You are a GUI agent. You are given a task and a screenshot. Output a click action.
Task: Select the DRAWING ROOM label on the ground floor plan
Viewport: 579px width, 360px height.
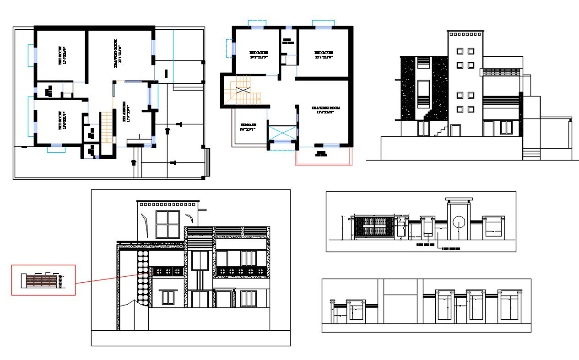[x=118, y=54]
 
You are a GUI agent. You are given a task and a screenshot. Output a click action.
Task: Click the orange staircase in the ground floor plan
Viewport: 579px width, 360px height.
[x=106, y=127]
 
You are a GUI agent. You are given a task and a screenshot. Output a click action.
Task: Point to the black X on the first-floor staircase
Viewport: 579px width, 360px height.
[x=243, y=90]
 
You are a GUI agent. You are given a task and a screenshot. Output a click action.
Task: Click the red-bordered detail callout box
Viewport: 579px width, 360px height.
[x=43, y=280]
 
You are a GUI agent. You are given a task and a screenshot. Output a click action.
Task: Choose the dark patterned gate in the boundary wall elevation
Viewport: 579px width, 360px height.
[x=375, y=227]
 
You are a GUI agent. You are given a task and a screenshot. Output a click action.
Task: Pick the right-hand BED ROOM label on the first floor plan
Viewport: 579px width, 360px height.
[x=324, y=55]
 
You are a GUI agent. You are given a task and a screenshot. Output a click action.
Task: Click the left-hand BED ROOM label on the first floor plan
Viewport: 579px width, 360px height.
[x=258, y=55]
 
